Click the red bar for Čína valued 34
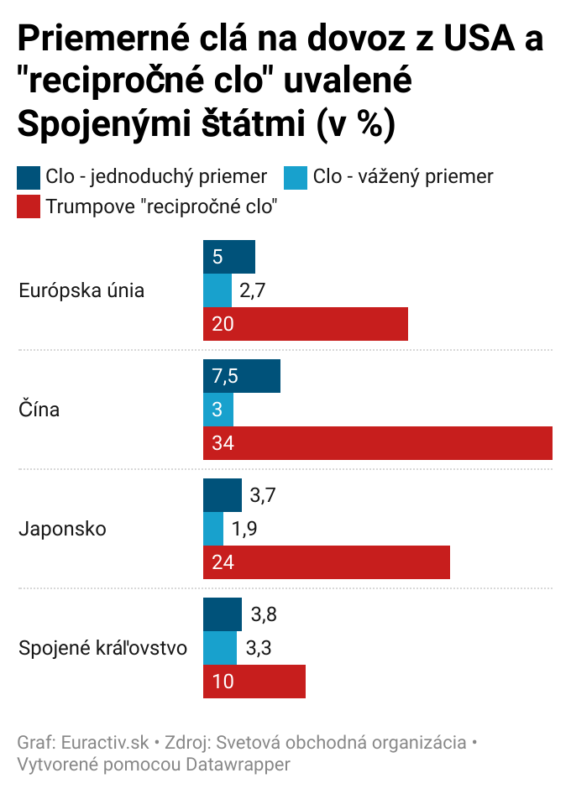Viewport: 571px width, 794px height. click(378, 443)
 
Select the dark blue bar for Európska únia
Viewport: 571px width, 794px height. click(228, 257)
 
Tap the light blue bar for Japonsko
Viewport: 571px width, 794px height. click(213, 529)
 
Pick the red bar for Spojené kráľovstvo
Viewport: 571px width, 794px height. click(254, 681)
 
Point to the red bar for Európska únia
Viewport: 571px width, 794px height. click(306, 324)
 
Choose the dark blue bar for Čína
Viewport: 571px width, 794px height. click(242, 376)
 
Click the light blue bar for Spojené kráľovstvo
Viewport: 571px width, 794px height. click(220, 648)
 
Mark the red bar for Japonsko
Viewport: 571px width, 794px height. click(327, 562)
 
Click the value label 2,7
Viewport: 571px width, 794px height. click(254, 290)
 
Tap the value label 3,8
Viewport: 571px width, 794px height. click(264, 614)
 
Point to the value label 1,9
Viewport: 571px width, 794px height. click(245, 529)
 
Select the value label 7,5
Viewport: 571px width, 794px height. click(225, 376)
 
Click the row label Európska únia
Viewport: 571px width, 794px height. click(81, 291)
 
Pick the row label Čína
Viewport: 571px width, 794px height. click(39, 410)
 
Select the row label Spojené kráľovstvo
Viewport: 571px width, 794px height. click(102, 649)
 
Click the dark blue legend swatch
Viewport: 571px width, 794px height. click(29, 177)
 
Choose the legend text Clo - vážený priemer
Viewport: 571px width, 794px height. click(402, 177)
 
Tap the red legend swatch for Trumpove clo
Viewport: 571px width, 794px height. click(29, 206)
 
